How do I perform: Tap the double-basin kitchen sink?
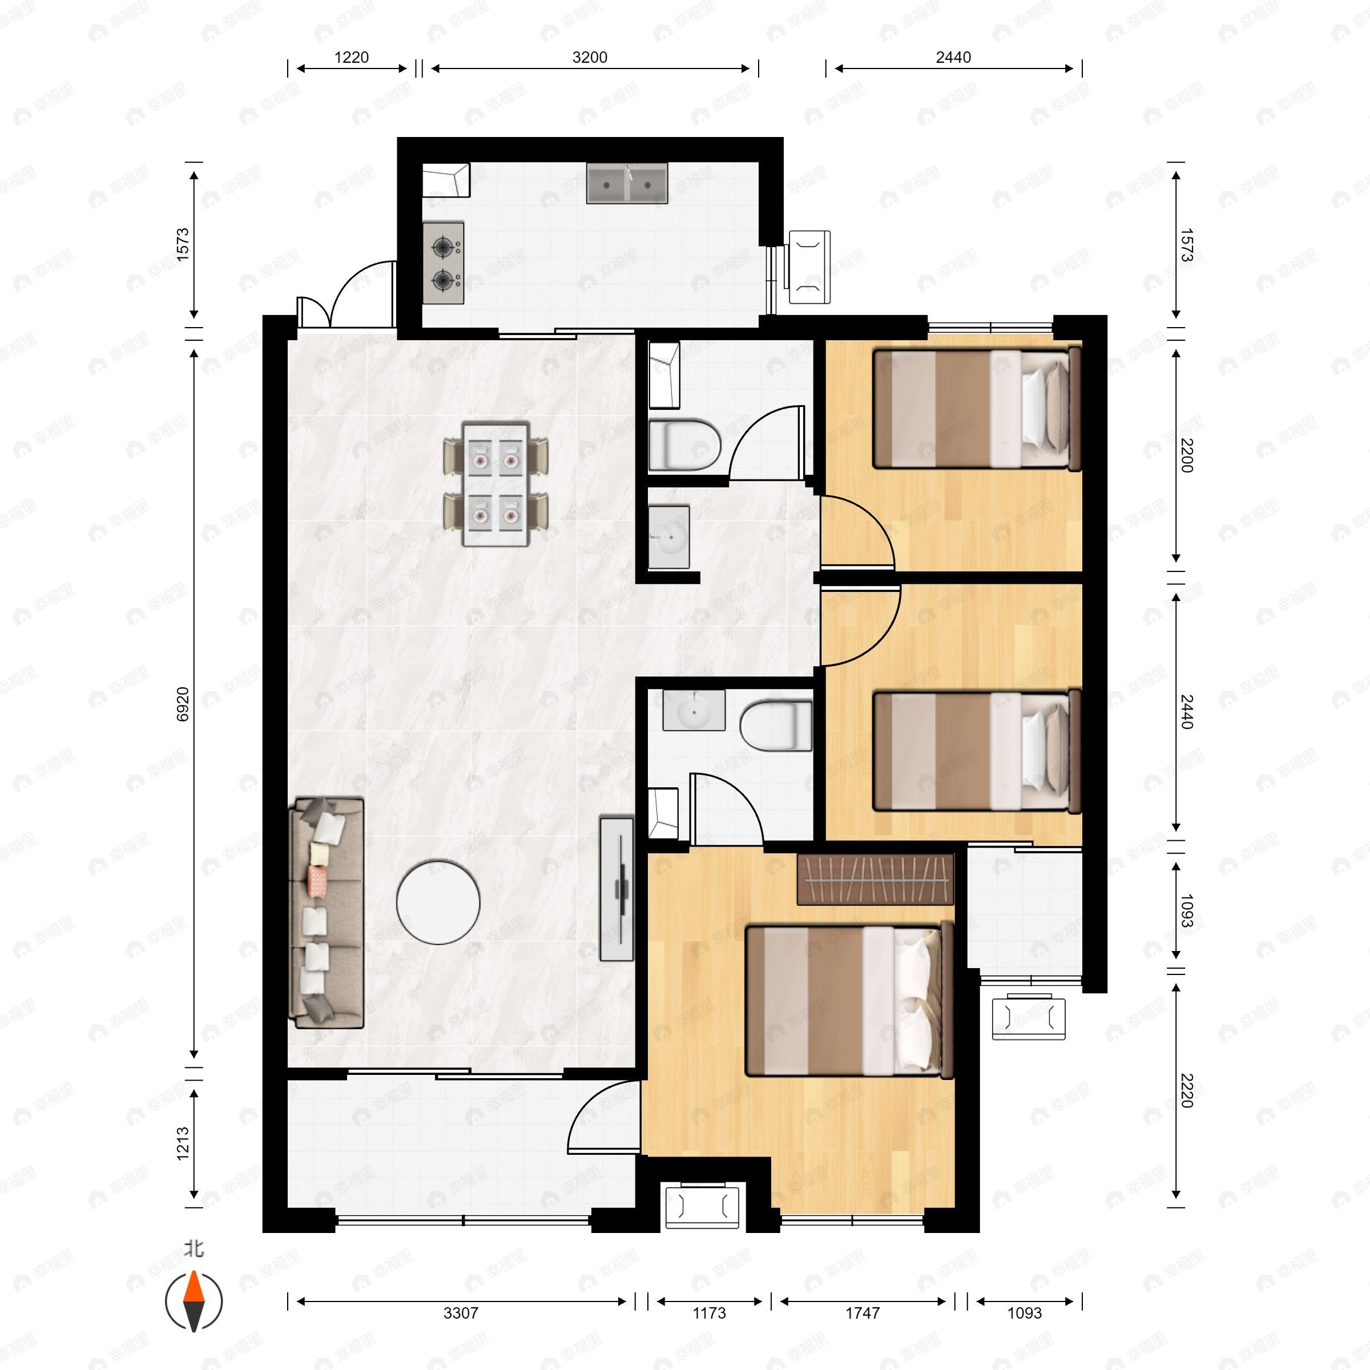point(627,184)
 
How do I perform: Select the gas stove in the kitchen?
point(443,264)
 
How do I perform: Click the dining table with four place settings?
point(495,484)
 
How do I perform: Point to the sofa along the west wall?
point(328,913)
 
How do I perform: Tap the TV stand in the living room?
point(616,889)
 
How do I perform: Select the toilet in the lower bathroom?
point(776,726)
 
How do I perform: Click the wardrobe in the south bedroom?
point(875,879)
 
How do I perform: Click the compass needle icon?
point(194,1301)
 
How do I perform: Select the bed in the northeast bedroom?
point(977,409)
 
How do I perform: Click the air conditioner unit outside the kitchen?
point(808,267)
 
